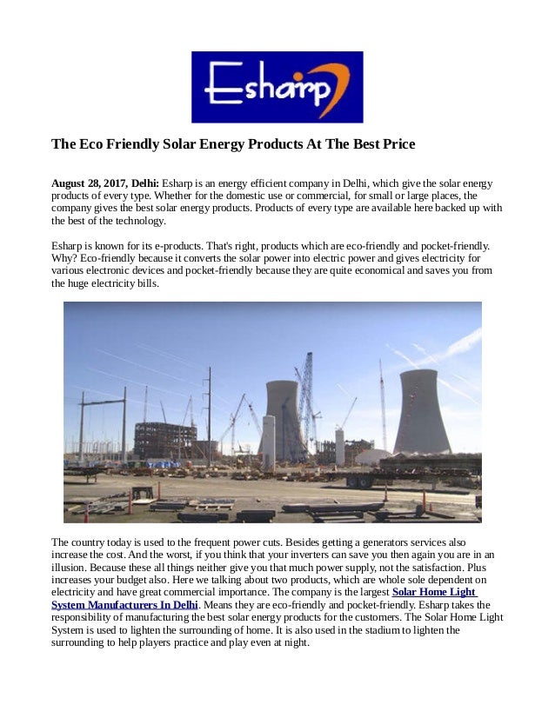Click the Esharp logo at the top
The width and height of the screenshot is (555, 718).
pos(277,87)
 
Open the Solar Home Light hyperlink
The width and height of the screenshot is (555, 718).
pos(434,592)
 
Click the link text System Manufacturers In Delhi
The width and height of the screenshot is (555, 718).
pos(124,604)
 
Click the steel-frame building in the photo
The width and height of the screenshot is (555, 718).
pos(165,440)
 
